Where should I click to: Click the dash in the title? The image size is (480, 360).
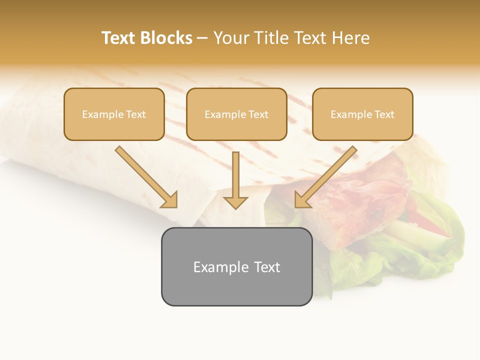point(202,38)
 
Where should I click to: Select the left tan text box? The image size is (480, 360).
point(114,114)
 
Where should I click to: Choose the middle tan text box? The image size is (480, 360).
point(236,114)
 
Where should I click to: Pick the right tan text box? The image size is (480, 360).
point(362,114)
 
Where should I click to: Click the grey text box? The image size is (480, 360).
point(236,267)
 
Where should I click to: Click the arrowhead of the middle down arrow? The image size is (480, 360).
point(235,202)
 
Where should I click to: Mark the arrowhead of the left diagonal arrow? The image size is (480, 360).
point(170,200)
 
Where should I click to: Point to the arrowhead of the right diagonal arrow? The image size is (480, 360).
point(302,200)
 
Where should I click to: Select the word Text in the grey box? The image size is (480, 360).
point(267,267)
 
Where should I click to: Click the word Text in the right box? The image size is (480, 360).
point(384,114)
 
